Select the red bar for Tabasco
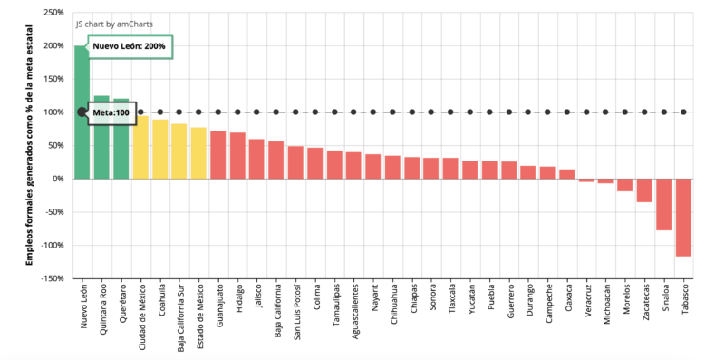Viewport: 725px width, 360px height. (x=683, y=218)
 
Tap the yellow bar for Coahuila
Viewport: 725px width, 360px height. (x=159, y=149)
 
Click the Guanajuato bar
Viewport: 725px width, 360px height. (x=217, y=155)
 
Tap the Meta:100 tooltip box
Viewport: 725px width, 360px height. (x=111, y=112)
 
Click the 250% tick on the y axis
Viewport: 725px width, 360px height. (x=52, y=13)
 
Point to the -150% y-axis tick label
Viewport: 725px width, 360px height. (x=50, y=278)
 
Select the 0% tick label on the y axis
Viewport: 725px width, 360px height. (x=57, y=179)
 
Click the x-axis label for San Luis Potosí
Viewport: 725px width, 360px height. (x=296, y=313)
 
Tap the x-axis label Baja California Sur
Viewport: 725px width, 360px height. (x=179, y=318)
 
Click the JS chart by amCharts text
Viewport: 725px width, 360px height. (x=114, y=24)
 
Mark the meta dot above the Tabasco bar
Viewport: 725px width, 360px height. (x=683, y=112)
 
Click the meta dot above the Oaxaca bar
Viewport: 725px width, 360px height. (x=567, y=112)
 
